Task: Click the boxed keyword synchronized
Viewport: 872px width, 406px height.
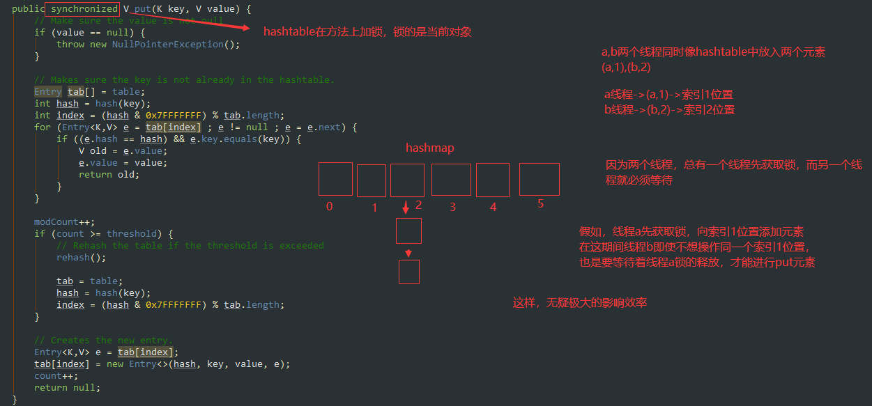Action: click(84, 9)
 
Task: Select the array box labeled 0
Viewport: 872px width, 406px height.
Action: click(335, 179)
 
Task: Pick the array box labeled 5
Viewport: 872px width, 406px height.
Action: click(539, 179)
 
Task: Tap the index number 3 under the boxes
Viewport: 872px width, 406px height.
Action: click(452, 207)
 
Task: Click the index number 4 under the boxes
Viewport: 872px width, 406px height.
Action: click(493, 207)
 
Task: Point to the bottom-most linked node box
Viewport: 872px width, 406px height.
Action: click(409, 272)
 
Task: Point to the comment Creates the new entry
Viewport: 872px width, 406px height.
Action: click(103, 341)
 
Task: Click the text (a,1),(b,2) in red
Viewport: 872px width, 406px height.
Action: click(626, 68)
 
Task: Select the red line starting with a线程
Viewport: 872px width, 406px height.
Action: click(668, 95)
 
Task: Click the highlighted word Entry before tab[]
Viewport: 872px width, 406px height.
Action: click(48, 92)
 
